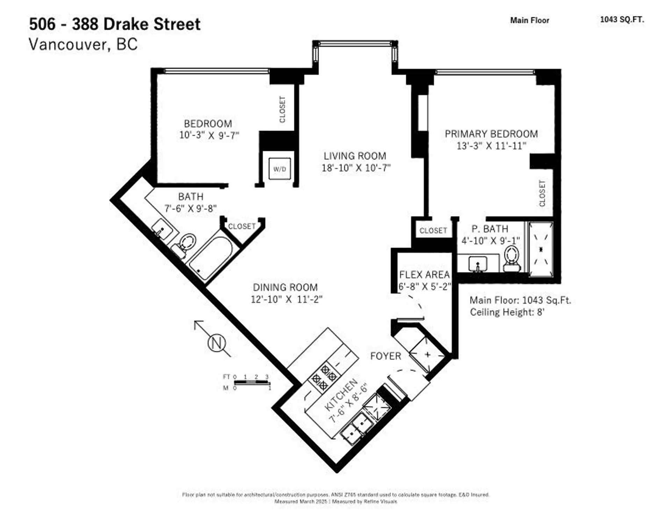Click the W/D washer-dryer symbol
pyautogui.click(x=280, y=169)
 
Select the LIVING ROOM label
pyautogui.click(x=355, y=156)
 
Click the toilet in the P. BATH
pyautogui.click(x=512, y=258)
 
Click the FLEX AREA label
pyautogui.click(x=424, y=275)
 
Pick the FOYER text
pyautogui.click(x=385, y=356)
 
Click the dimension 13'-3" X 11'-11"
pyautogui.click(x=491, y=146)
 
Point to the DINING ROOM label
pyautogui.click(x=285, y=287)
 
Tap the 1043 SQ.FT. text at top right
pyautogui.click(x=622, y=20)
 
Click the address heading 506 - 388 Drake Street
pyautogui.click(x=115, y=24)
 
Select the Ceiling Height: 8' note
pyautogui.click(x=507, y=312)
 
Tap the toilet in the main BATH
pyautogui.click(x=186, y=243)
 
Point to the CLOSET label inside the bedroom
pyautogui.click(x=282, y=109)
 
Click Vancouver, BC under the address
pyautogui.click(x=83, y=44)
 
